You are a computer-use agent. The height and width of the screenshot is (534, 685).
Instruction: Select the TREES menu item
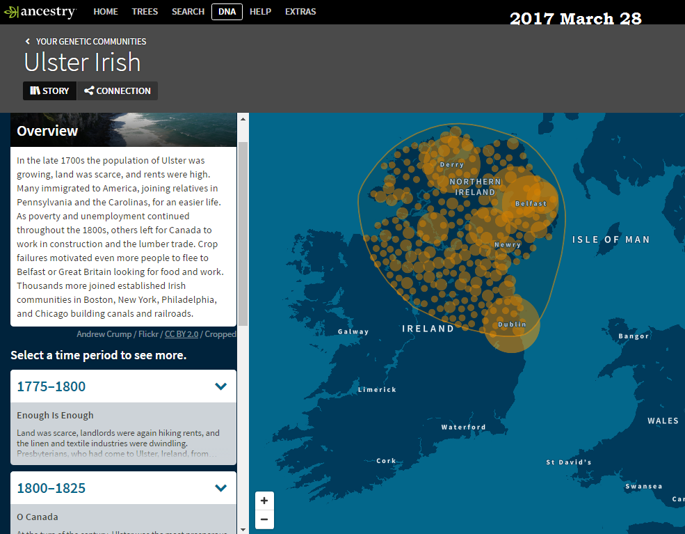pos(145,12)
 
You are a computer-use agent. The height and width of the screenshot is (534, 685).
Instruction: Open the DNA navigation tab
pos(227,12)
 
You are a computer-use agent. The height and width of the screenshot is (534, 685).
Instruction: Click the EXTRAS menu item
pos(300,12)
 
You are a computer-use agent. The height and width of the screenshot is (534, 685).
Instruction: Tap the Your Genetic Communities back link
pos(86,42)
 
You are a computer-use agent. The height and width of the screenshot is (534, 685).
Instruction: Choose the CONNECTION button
pos(117,91)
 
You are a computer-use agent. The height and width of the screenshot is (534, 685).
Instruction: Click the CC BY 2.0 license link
pos(182,334)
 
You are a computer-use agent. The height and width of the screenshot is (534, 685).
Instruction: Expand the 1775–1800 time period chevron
pos(221,386)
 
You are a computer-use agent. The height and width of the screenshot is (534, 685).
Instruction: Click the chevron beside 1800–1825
pos(221,488)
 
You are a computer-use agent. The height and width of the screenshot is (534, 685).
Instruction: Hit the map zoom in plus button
pos(264,501)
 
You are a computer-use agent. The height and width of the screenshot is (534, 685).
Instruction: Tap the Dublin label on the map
pos(512,325)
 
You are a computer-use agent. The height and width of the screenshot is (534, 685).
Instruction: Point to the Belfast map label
pos(531,204)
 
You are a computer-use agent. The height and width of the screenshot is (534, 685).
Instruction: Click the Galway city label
pos(353,331)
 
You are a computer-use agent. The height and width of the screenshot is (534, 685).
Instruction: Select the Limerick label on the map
pos(377,390)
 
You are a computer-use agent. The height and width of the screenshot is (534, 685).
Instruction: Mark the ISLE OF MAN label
pos(611,239)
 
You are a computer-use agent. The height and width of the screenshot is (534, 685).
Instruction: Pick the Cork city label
pos(386,461)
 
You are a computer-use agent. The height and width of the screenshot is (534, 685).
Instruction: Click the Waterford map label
pos(463,427)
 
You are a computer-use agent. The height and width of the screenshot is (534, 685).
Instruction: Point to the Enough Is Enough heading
pos(55,416)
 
